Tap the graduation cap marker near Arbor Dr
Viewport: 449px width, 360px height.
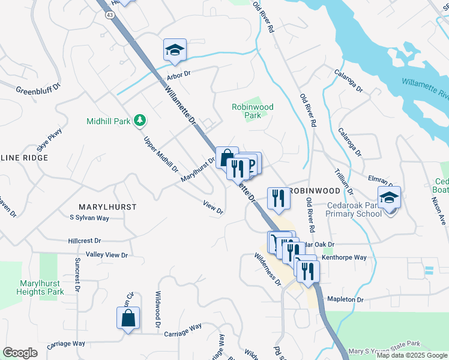(x=175, y=50)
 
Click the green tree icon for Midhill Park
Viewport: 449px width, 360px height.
(x=140, y=121)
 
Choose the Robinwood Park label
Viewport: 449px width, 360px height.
(x=253, y=111)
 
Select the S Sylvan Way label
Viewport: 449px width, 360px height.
(x=89, y=218)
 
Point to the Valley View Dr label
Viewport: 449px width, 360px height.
(x=107, y=255)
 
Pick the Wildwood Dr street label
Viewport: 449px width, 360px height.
(x=157, y=309)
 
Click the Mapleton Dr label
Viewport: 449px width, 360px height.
(x=345, y=299)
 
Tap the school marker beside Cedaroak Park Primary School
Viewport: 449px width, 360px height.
(x=389, y=197)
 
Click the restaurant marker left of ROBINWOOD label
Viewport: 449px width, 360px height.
(x=278, y=197)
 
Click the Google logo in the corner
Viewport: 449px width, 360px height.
(x=20, y=353)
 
